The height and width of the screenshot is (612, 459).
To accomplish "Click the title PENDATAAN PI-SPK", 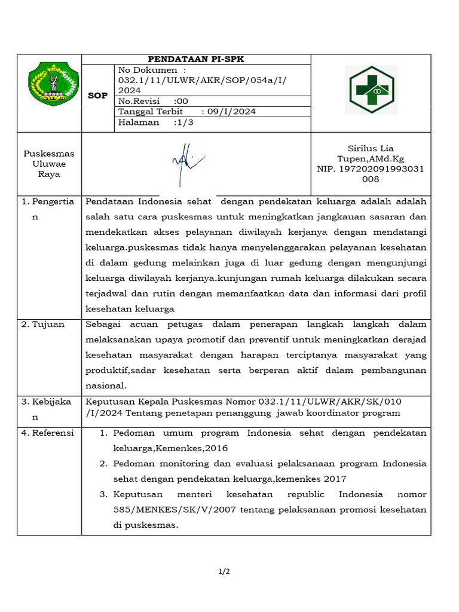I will click(x=196, y=59).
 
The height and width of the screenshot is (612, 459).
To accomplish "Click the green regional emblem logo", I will click(x=53, y=83).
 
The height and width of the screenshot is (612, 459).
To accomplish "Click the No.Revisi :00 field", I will click(x=153, y=101).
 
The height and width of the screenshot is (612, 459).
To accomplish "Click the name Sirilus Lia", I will click(x=371, y=148).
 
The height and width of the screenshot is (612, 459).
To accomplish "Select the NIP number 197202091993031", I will click(x=371, y=169).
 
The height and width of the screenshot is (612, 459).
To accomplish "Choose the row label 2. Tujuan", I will click(x=43, y=324).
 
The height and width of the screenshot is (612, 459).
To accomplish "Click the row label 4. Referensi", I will click(x=48, y=433).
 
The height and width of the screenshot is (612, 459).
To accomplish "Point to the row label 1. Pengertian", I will click(x=48, y=201).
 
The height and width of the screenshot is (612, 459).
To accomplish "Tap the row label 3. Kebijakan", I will click(x=48, y=401).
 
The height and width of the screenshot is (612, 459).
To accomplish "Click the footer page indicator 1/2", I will click(x=224, y=572).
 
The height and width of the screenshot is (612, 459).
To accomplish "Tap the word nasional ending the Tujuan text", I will click(x=106, y=385).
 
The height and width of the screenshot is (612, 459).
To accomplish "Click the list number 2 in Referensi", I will click(x=103, y=464).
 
